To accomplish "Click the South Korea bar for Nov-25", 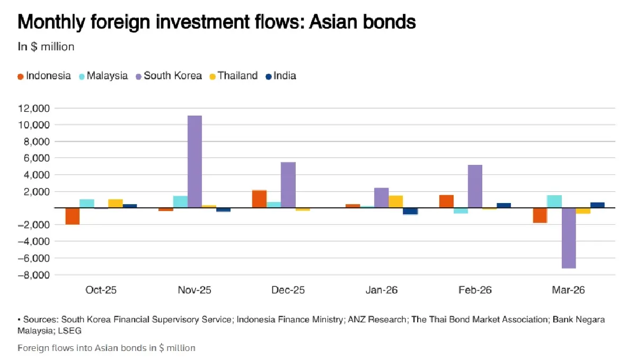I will [195, 161].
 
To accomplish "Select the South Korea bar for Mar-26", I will [568, 238].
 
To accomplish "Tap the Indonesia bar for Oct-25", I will [73, 216].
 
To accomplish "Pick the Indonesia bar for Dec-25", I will [259, 199].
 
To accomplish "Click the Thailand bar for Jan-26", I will [395, 201].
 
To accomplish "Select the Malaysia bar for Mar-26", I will [554, 201].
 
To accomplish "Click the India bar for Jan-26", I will [410, 211].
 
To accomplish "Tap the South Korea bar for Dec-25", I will [288, 185].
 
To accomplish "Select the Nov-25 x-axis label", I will [195, 290].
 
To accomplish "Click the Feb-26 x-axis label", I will [475, 290].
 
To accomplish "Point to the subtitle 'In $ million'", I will [46, 47].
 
